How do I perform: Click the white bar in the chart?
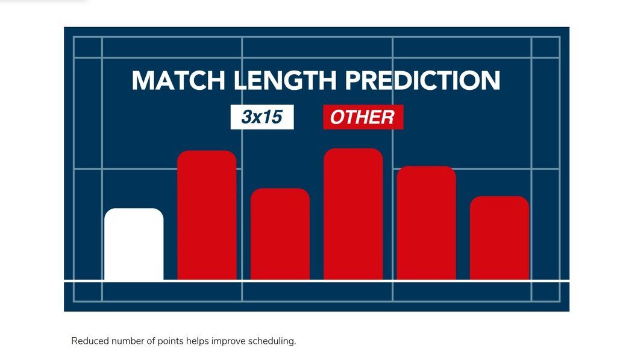click(x=134, y=244)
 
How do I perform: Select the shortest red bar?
click(x=500, y=238)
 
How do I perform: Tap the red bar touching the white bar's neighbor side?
click(x=207, y=215)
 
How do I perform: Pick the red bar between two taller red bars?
click(x=280, y=234)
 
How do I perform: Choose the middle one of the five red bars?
click(x=353, y=214)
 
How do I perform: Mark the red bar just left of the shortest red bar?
click(x=426, y=223)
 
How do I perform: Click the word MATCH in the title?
click(x=178, y=80)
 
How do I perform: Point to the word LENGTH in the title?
click(x=285, y=80)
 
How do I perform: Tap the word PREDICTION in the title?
click(x=422, y=80)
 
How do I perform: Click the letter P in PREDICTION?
click(x=353, y=80)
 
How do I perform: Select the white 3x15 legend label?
click(x=262, y=117)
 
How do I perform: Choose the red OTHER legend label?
click(x=363, y=117)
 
